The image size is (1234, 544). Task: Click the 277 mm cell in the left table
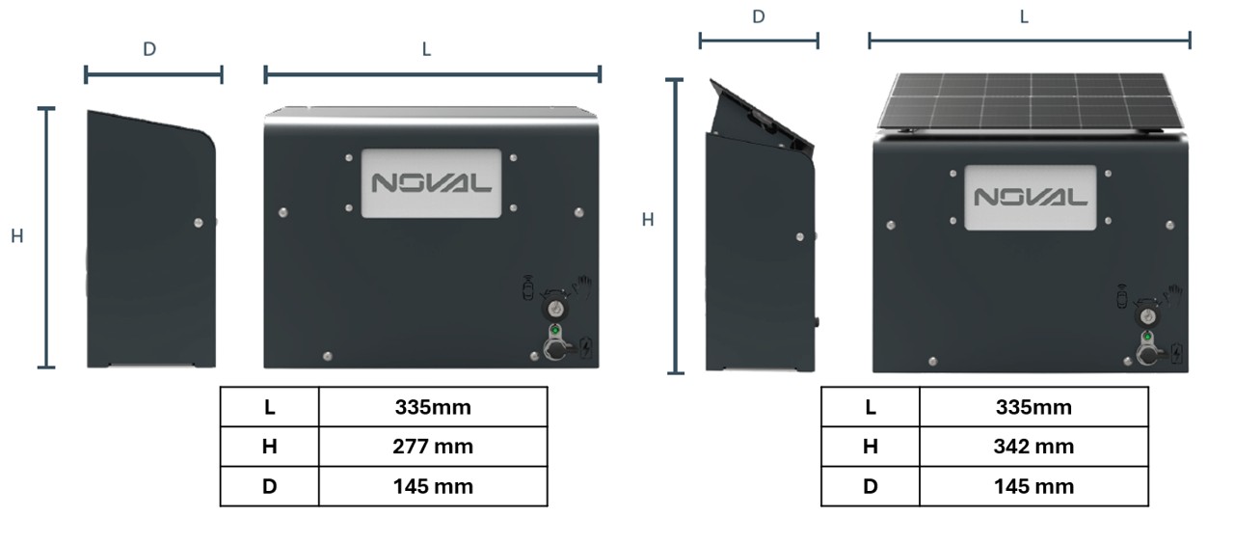point(433,447)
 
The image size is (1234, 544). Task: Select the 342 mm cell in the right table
point(1033,447)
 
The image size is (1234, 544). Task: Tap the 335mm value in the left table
point(433,407)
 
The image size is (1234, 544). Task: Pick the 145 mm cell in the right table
point(1033,486)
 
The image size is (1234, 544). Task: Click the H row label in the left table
point(269,447)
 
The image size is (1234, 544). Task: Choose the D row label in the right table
point(871,486)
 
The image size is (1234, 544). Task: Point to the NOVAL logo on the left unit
point(431,183)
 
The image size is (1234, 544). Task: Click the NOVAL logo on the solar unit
point(1031,197)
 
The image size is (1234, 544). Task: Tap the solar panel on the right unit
point(1031,101)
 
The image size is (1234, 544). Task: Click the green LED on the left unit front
point(555,330)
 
